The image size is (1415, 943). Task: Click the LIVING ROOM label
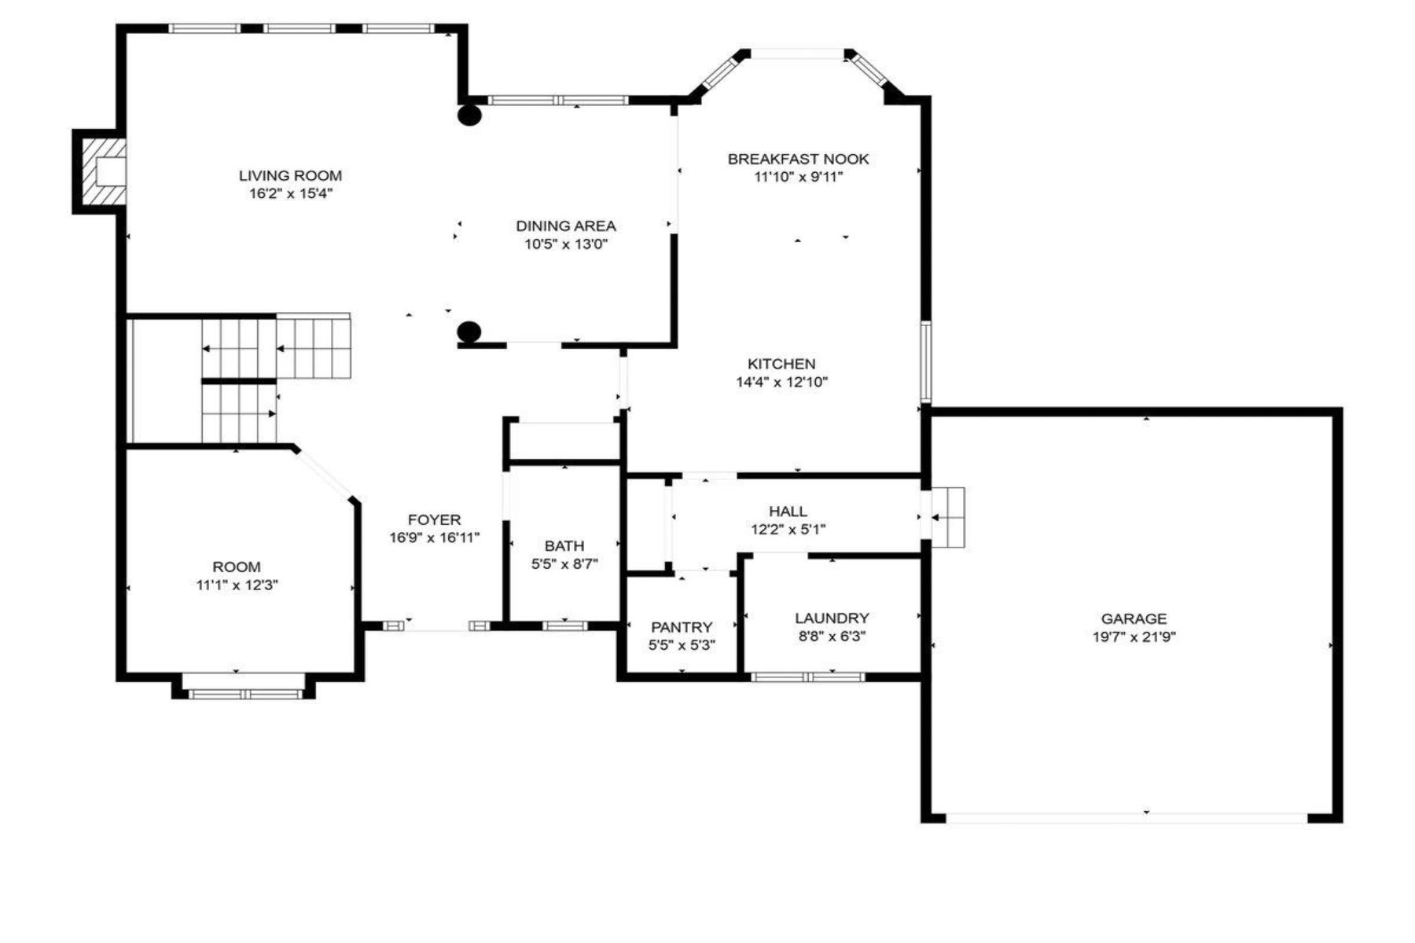[290, 176]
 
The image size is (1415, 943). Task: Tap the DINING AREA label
[566, 226]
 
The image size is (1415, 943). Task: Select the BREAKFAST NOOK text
[798, 159]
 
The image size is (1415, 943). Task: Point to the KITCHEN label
[781, 364]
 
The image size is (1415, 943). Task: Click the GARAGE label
[1134, 619]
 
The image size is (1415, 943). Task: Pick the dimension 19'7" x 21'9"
[1134, 637]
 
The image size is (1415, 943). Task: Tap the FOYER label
[434, 519]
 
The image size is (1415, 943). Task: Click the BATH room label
[564, 545]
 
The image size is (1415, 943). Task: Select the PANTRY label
[682, 627]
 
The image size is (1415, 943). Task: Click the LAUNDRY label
[832, 618]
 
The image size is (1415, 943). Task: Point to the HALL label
[788, 512]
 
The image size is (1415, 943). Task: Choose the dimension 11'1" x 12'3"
[237, 585]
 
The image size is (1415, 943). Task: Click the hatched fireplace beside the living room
[100, 171]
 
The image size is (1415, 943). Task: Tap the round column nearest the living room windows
[469, 116]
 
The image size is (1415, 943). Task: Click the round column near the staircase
[469, 332]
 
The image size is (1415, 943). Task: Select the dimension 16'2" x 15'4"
[291, 194]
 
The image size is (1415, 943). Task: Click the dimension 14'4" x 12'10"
[781, 383]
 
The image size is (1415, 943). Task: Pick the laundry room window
[808, 677]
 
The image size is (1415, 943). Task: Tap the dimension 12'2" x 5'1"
[788, 530]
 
